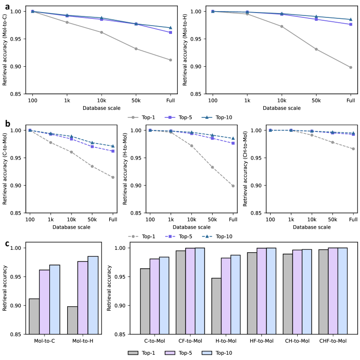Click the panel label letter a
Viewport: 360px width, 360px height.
tap(8, 7)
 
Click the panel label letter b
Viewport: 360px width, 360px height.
tap(8, 123)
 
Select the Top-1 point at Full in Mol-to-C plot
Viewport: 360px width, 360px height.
tap(171, 60)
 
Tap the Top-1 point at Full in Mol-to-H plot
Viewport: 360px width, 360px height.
tap(351, 67)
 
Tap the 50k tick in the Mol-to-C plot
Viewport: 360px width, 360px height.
tap(136, 100)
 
